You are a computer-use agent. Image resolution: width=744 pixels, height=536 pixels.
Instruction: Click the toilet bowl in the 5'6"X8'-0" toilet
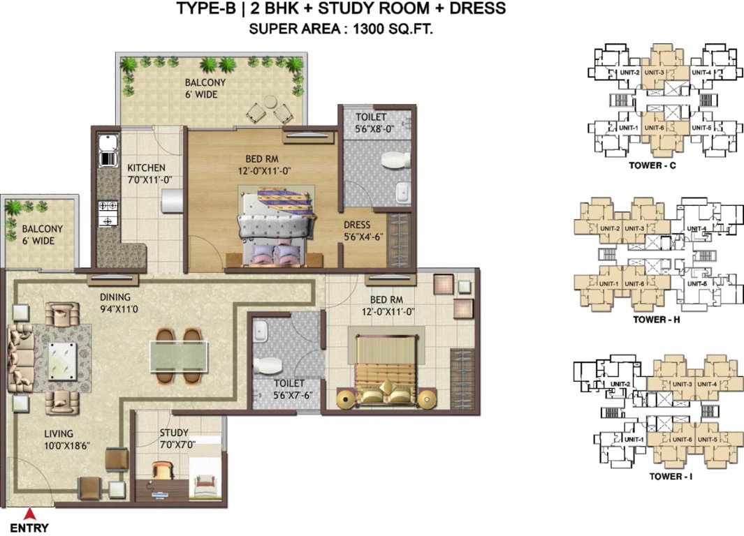(x=393, y=160)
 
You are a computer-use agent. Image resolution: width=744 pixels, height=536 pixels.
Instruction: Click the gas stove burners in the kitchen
(x=109, y=214)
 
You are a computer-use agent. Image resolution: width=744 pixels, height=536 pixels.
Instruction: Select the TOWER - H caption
(x=656, y=320)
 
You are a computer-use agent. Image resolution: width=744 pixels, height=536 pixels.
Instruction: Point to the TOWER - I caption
(x=656, y=476)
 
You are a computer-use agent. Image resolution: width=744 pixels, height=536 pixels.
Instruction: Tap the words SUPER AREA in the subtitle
(x=281, y=30)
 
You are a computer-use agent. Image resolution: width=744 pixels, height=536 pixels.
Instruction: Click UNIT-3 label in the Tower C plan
(x=654, y=73)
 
